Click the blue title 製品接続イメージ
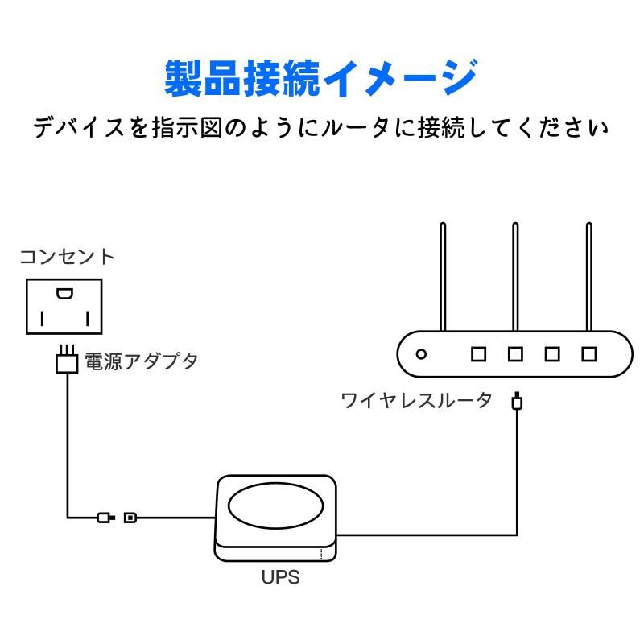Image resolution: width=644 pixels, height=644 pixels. pos(321,79)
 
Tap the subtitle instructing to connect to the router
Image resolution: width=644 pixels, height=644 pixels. pos(321,128)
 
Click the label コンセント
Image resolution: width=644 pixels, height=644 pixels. pos(67,258)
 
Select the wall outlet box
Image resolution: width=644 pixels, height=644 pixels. pos(64,306)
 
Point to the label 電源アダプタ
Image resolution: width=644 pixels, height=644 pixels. pos(141,361)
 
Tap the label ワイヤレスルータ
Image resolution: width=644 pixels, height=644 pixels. pos(416,400)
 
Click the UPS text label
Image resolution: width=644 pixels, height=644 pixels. pos(281,577)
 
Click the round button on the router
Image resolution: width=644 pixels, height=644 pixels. pos(420,353)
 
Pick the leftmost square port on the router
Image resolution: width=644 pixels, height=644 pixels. pos(479,353)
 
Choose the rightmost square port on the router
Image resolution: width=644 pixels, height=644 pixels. pos(590,353)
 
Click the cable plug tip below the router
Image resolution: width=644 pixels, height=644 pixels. pos(517,400)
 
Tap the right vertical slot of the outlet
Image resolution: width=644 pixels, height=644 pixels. pos(86,319)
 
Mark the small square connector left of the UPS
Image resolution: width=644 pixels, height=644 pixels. pos(130,517)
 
